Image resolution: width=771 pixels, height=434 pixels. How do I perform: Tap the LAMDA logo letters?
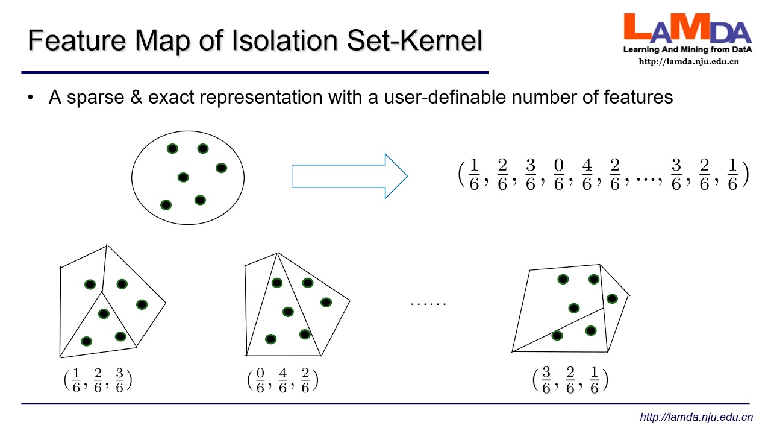687,29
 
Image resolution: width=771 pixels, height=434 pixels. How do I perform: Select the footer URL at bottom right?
696,417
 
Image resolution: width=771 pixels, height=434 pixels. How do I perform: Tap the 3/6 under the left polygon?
119,380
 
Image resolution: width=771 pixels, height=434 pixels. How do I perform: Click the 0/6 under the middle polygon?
261,380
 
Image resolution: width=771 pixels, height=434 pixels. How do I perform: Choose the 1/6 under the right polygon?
595,380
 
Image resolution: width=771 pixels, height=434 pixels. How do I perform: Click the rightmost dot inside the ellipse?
221,168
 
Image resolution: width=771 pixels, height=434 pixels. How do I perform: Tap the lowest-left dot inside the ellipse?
166,205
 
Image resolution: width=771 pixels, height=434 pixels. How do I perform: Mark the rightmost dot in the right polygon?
612,298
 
